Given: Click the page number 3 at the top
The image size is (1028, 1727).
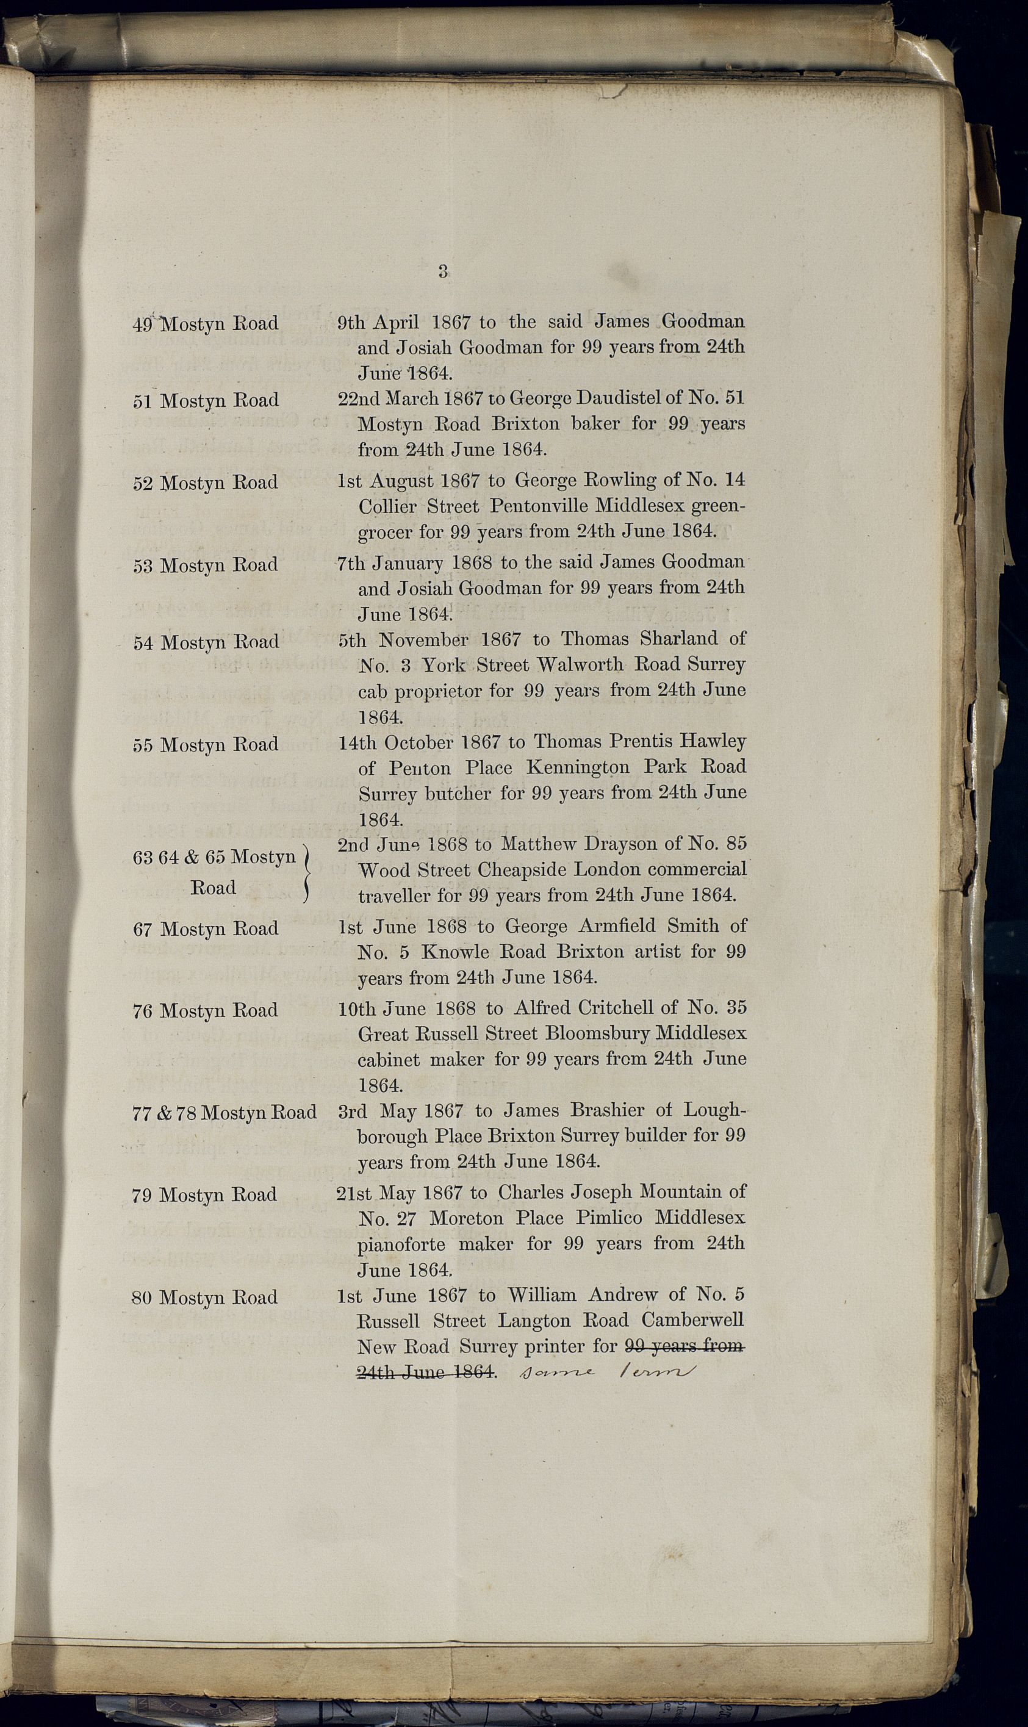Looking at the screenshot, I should [x=444, y=271].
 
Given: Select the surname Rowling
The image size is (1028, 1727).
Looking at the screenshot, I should [x=623, y=481].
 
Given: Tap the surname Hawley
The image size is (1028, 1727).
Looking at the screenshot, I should [x=712, y=742].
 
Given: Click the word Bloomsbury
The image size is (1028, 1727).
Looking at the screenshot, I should [x=597, y=1034].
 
